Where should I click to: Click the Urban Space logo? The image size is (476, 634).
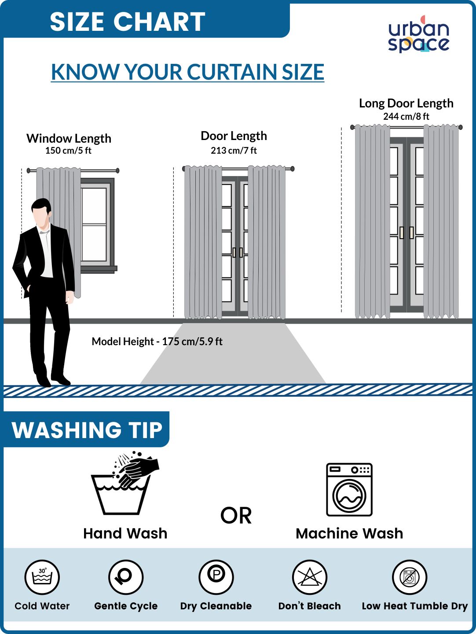(419, 34)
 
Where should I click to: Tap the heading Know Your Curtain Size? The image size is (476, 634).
(187, 72)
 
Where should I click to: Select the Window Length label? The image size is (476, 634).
(69, 138)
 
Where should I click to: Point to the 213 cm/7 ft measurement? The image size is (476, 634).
(234, 151)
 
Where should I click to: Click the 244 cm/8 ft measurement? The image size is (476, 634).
(406, 116)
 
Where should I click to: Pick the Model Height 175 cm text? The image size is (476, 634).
(157, 341)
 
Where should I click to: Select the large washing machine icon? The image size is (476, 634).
(349, 490)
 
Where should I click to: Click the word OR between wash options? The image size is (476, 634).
(236, 516)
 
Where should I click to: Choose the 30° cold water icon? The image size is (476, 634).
(42, 577)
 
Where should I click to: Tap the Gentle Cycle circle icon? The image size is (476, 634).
(126, 577)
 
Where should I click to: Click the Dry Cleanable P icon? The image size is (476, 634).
(216, 577)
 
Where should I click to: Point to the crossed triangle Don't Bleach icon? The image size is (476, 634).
(310, 577)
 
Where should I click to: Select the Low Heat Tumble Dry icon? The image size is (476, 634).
(410, 577)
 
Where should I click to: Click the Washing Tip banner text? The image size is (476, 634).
(87, 430)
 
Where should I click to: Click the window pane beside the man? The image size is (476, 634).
(94, 224)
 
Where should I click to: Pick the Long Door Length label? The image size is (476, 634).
(406, 103)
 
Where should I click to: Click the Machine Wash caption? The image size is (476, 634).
(349, 534)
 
